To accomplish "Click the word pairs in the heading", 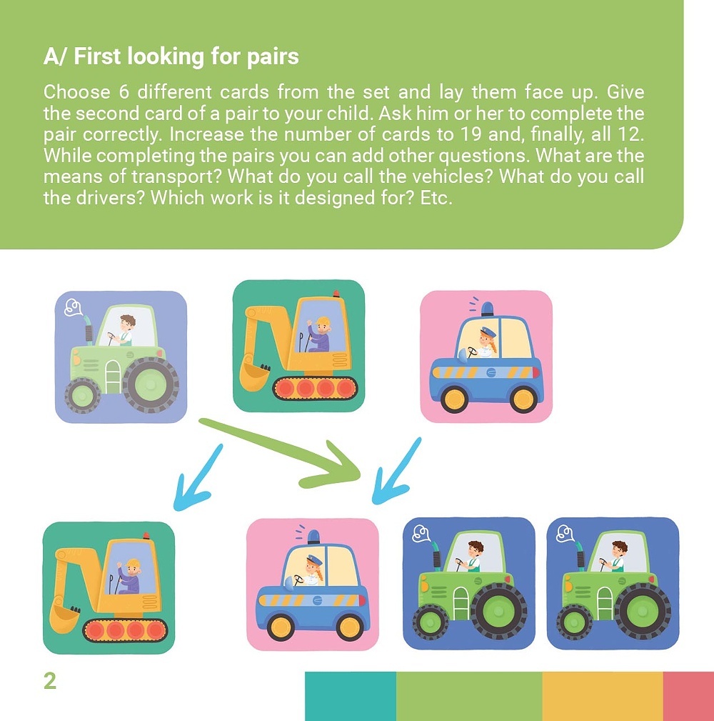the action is click(x=273, y=57).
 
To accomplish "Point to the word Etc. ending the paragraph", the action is click(x=436, y=198).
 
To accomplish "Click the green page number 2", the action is click(x=49, y=680).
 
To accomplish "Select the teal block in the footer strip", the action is click(x=350, y=696).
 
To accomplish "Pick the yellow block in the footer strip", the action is click(x=603, y=696).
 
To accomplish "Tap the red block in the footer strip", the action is click(x=688, y=696).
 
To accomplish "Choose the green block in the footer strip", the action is click(x=469, y=696).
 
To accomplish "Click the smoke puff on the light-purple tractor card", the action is click(x=74, y=307).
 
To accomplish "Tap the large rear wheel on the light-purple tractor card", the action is click(x=150, y=384).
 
